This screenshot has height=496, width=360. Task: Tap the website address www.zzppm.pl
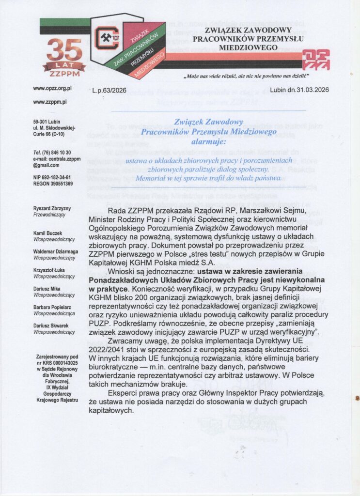coord(50,102)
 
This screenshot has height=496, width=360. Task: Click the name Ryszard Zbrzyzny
coord(52,208)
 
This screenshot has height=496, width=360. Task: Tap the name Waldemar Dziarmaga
coord(56,252)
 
